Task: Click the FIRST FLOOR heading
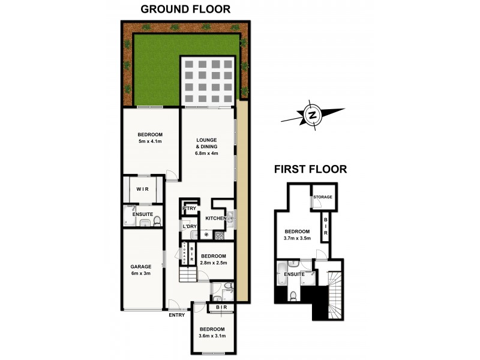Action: click(310, 169)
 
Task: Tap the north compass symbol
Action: click(312, 115)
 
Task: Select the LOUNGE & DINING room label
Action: click(206, 146)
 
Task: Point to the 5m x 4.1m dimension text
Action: click(150, 142)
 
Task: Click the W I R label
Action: click(142, 189)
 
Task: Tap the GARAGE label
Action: click(142, 266)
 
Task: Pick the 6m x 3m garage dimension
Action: click(142, 274)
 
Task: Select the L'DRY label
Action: click(190, 226)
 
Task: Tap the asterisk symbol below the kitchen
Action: click(207, 235)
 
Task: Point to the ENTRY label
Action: click(177, 315)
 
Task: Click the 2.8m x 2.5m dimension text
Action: click(213, 262)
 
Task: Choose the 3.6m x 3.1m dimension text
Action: click(213, 337)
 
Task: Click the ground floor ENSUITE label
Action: click(142, 214)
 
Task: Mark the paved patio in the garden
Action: click(207, 82)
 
